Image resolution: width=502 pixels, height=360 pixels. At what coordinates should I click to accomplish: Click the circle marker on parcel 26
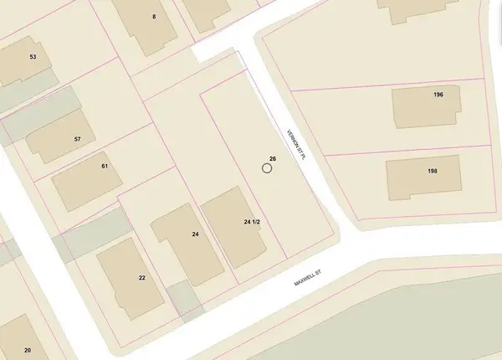pyautogui.click(x=267, y=168)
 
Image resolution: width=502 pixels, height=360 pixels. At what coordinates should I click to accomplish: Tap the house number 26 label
pyautogui.click(x=273, y=158)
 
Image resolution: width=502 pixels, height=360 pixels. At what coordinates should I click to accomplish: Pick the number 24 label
pyautogui.click(x=194, y=234)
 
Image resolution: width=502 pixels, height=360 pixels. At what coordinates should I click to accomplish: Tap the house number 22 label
pyautogui.click(x=142, y=277)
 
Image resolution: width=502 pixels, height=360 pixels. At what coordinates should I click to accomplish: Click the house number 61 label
pyautogui.click(x=105, y=167)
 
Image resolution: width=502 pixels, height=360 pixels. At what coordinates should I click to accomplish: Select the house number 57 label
pyautogui.click(x=77, y=139)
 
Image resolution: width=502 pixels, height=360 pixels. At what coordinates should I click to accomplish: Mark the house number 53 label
pyautogui.click(x=33, y=57)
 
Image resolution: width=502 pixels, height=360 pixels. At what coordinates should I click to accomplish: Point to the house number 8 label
pyautogui.click(x=154, y=17)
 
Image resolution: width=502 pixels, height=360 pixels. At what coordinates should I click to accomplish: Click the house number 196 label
pyautogui.click(x=438, y=95)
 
